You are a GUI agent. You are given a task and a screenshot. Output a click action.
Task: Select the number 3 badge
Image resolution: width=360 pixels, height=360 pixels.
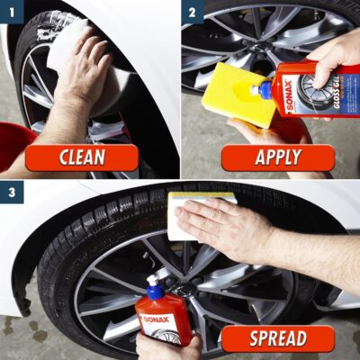10,191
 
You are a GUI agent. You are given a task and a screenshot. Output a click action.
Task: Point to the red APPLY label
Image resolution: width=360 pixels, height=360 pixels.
278,157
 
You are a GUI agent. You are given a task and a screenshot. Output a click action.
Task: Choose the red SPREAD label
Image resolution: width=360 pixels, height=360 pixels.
277,338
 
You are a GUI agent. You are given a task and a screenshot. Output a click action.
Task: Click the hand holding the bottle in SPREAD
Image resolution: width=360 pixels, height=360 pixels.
171,346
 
